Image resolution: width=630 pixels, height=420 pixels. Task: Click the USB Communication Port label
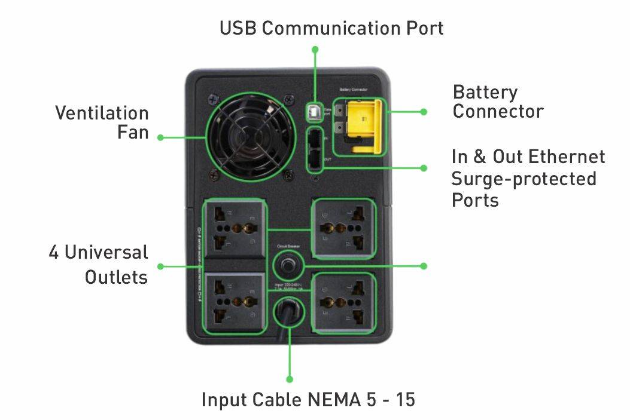pos(331,28)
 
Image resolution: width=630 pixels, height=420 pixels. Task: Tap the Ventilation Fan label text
pos(102,122)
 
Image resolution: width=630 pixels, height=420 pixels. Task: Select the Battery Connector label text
pos(498,102)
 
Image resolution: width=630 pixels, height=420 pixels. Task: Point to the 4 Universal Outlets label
pos(99,264)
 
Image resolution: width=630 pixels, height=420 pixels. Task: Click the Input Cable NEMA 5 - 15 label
pos(308,400)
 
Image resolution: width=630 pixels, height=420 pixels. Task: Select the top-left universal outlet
pos(234,228)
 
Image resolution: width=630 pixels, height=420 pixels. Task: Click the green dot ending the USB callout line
pos(315,49)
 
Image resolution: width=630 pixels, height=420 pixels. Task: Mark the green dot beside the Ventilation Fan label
pos(160,137)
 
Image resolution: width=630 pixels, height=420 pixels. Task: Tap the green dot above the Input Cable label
pos(290,379)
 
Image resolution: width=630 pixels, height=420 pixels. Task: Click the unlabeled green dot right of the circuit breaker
pos(424,265)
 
